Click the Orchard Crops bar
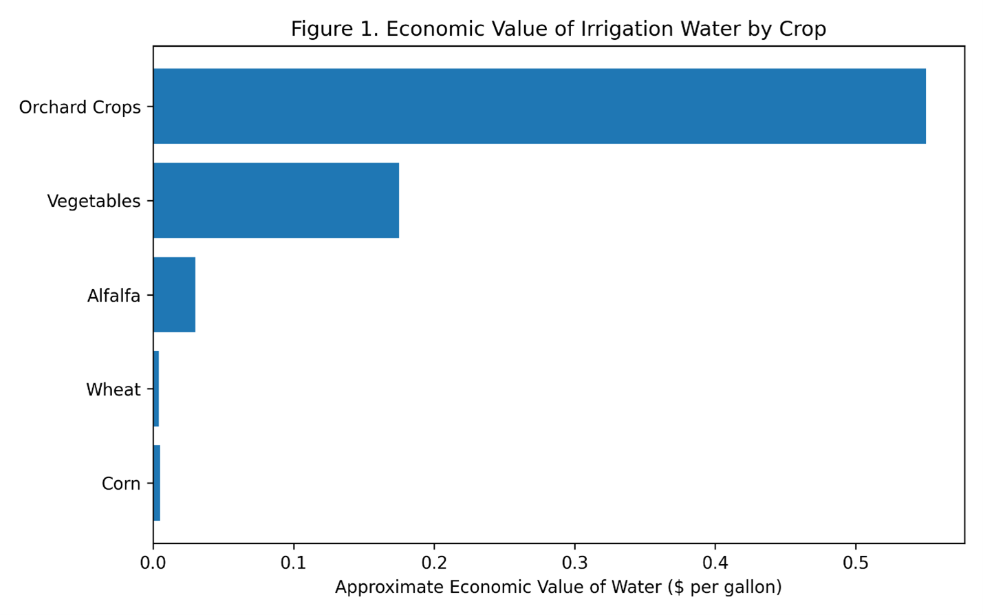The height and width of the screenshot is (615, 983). click(539, 106)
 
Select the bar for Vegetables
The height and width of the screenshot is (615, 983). click(276, 200)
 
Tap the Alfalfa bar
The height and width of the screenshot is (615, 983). click(174, 294)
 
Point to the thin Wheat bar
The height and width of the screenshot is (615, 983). click(156, 389)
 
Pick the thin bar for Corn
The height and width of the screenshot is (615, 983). click(157, 483)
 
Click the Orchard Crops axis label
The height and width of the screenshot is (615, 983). click(80, 107)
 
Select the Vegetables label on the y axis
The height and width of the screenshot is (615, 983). click(94, 202)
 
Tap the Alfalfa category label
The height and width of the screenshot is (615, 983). click(114, 296)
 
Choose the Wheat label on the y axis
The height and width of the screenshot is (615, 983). click(113, 390)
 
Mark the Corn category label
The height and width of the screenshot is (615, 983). click(121, 484)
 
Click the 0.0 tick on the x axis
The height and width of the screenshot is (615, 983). click(153, 562)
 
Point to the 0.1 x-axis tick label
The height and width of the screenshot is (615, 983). click(294, 562)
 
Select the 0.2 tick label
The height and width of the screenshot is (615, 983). click(434, 562)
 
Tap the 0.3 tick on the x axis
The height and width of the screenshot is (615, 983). click(574, 562)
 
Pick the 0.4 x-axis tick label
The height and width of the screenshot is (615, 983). click(715, 562)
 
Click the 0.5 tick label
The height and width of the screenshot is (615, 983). click(856, 562)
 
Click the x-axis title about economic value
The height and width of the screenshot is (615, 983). click(558, 587)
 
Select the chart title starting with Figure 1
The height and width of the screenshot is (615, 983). click(558, 29)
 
